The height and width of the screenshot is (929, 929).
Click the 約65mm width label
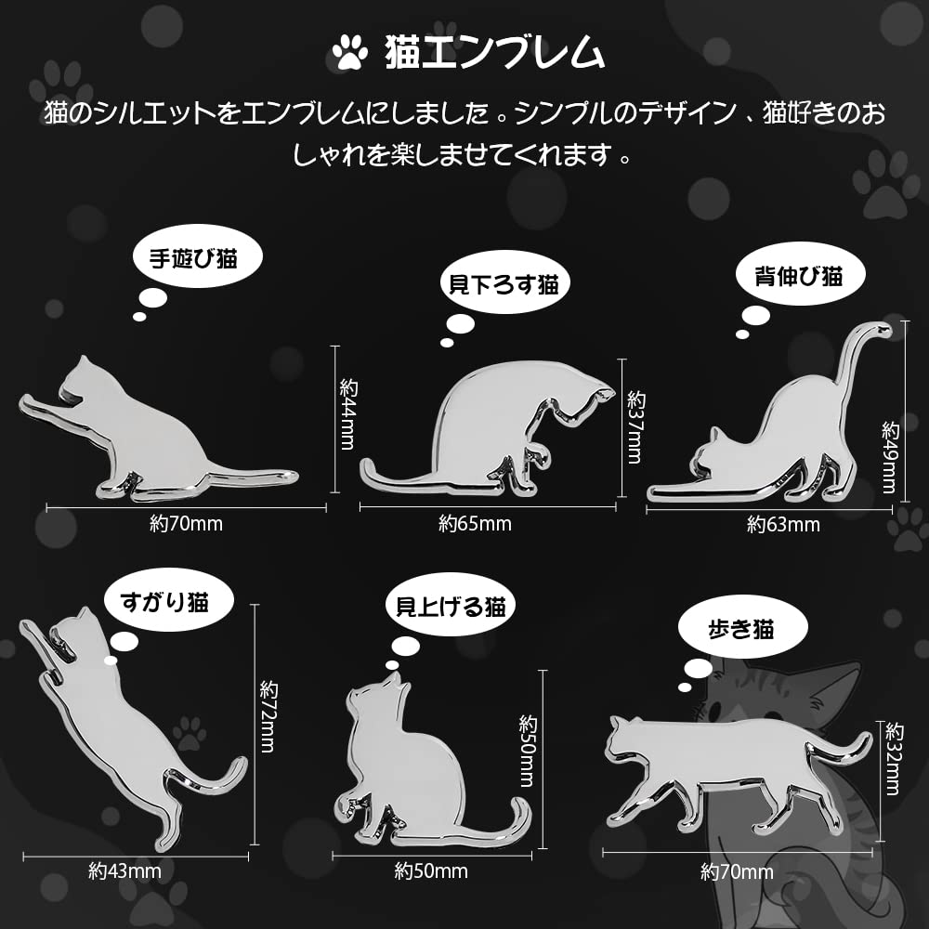pyautogui.click(x=475, y=524)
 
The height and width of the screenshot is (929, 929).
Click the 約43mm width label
pyautogui.click(x=125, y=871)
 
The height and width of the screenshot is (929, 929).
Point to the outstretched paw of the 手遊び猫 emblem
pyautogui.click(x=30, y=404)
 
